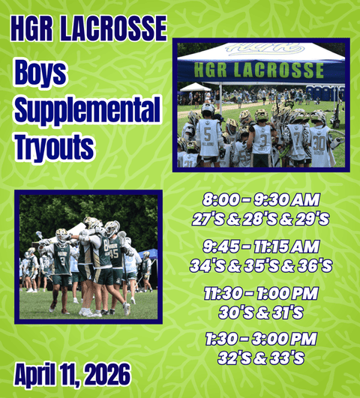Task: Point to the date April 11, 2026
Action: click(71, 373)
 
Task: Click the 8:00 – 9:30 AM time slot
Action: click(261, 200)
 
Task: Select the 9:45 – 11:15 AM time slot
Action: click(261, 246)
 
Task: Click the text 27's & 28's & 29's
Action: click(261, 219)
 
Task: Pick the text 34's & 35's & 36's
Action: click(261, 265)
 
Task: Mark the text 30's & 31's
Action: click(261, 311)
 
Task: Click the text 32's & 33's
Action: click(261, 357)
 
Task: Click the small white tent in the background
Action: click(195, 88)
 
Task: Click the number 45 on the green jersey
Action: click(114, 253)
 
